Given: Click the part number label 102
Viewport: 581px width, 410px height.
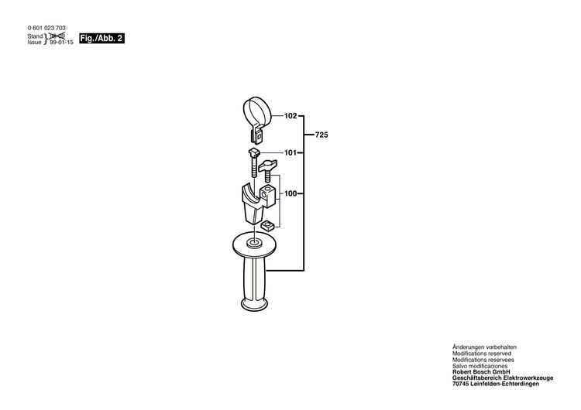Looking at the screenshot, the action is click(x=290, y=116).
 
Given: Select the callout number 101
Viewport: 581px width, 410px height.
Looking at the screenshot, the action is click(x=290, y=152).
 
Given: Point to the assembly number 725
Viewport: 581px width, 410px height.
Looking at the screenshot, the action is click(x=321, y=135).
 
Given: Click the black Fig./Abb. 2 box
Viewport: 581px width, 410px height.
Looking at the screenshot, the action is click(x=101, y=37).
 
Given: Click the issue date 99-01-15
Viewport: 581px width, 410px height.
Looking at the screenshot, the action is click(x=60, y=43).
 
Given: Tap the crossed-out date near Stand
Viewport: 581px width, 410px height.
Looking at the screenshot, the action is click(x=56, y=36).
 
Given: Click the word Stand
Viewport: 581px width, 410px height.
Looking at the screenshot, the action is click(x=35, y=36).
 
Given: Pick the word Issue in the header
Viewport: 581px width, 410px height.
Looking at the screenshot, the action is click(x=35, y=43).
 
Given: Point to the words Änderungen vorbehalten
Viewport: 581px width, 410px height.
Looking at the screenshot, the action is click(x=484, y=347).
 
